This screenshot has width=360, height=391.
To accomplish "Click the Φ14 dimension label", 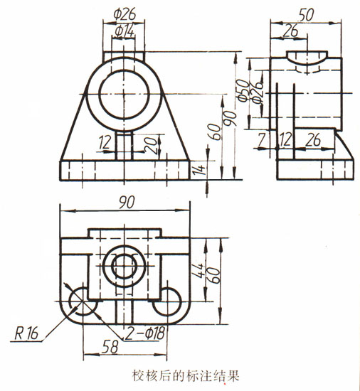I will (124, 31).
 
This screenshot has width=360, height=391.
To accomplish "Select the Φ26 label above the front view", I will (125, 13).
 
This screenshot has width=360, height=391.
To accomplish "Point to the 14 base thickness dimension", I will (201, 169).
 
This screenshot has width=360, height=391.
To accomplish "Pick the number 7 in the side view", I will (262, 141).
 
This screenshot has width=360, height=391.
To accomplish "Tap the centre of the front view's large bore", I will (124, 93).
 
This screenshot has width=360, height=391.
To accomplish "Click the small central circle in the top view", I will (125, 266).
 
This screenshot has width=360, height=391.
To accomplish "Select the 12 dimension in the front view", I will (106, 141).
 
